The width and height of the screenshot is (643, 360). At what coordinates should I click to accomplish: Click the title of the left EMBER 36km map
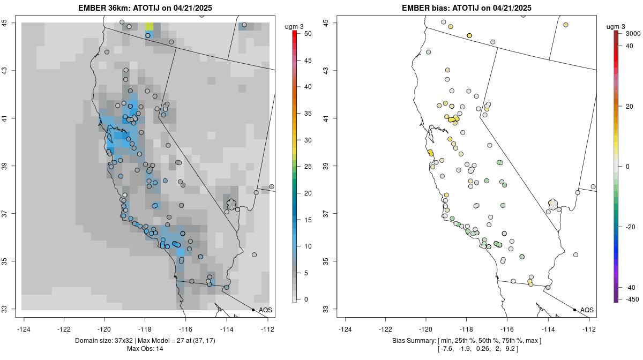click(x=148, y=7)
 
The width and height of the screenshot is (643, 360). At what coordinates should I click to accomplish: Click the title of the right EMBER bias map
click(x=467, y=7)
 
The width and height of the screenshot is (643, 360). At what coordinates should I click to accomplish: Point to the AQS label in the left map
click(x=265, y=310)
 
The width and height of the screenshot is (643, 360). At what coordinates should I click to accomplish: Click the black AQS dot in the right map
click(x=574, y=310)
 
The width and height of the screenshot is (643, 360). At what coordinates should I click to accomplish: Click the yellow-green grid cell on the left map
click(x=149, y=27)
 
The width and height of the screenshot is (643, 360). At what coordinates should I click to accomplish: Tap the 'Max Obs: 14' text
click(x=145, y=349)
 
